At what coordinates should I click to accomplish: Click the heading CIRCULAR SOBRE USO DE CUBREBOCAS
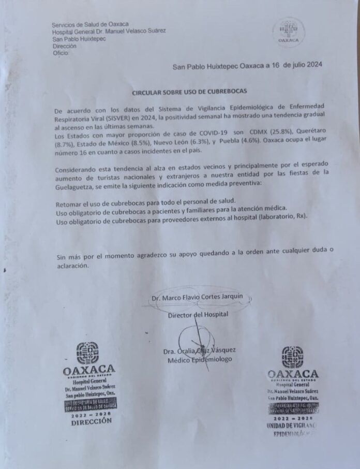(189, 91)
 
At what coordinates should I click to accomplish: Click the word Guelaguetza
(78, 185)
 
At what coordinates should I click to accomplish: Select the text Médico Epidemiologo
(198, 359)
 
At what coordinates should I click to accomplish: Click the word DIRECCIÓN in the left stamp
(91, 421)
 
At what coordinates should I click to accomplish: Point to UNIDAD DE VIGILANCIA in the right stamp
(292, 425)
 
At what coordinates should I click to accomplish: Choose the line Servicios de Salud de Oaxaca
(90, 24)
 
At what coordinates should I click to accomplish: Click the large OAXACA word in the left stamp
(88, 371)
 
